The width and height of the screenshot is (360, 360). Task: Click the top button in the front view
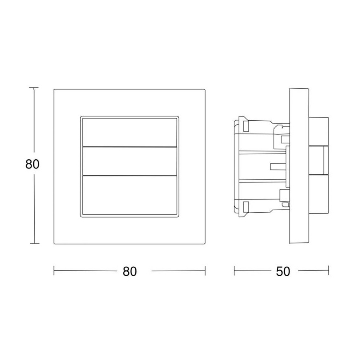tap(129, 132)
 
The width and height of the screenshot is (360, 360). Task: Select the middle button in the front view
tap(129, 161)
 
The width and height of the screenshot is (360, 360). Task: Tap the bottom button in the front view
tap(129, 195)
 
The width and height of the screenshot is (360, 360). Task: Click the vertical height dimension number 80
tap(32, 164)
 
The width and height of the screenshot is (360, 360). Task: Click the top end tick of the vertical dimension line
tap(34, 88)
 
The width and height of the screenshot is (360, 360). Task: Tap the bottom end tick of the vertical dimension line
tap(34, 243)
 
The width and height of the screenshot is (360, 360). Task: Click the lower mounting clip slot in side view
tap(246, 206)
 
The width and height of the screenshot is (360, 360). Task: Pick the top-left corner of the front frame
tap(54, 89)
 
